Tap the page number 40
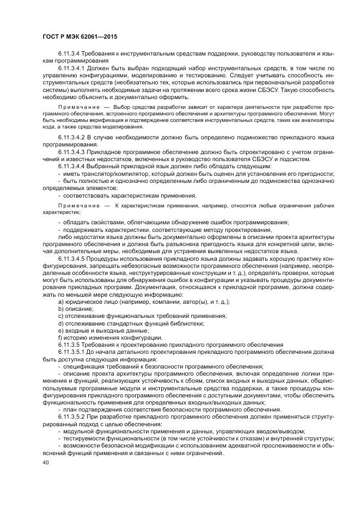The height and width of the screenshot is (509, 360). pos(46,462)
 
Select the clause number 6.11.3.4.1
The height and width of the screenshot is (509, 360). pos(73,70)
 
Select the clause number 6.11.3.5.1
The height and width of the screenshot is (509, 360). pos(73,351)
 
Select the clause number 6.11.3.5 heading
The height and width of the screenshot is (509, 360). pos(69,344)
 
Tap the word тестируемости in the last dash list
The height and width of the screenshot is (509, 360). pos(86,438)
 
